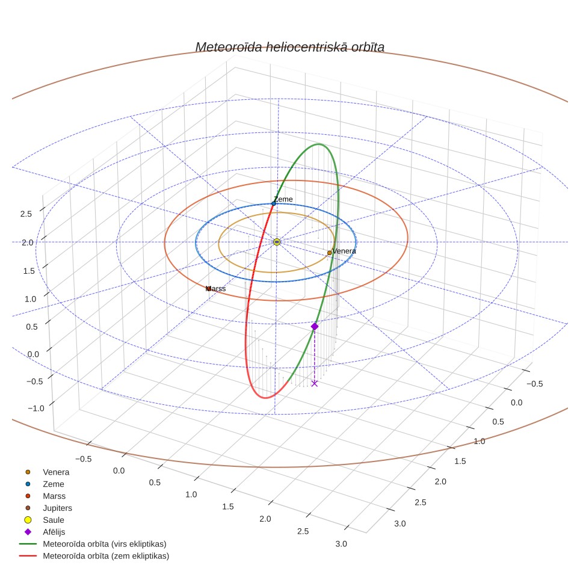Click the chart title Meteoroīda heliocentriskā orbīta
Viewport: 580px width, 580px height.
pyautogui.click(x=289, y=47)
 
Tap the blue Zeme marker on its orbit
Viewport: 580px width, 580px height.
pyautogui.click(x=274, y=204)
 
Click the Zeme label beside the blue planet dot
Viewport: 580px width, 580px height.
pyautogui.click(x=283, y=199)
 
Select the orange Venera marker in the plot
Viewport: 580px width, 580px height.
pyautogui.click(x=330, y=253)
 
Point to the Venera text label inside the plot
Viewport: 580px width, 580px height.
pyautogui.click(x=344, y=251)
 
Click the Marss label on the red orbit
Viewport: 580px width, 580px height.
pyautogui.click(x=215, y=289)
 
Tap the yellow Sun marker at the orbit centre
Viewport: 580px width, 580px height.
pyautogui.click(x=277, y=242)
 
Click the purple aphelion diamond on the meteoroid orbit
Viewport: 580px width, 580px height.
pyautogui.click(x=315, y=326)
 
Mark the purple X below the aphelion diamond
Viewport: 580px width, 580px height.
pyautogui.click(x=315, y=384)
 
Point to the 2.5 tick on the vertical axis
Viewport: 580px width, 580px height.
pyautogui.click(x=26, y=214)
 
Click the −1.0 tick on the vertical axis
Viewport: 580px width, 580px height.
pyautogui.click(x=36, y=409)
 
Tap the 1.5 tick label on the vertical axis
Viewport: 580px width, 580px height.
pyautogui.click(x=29, y=271)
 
